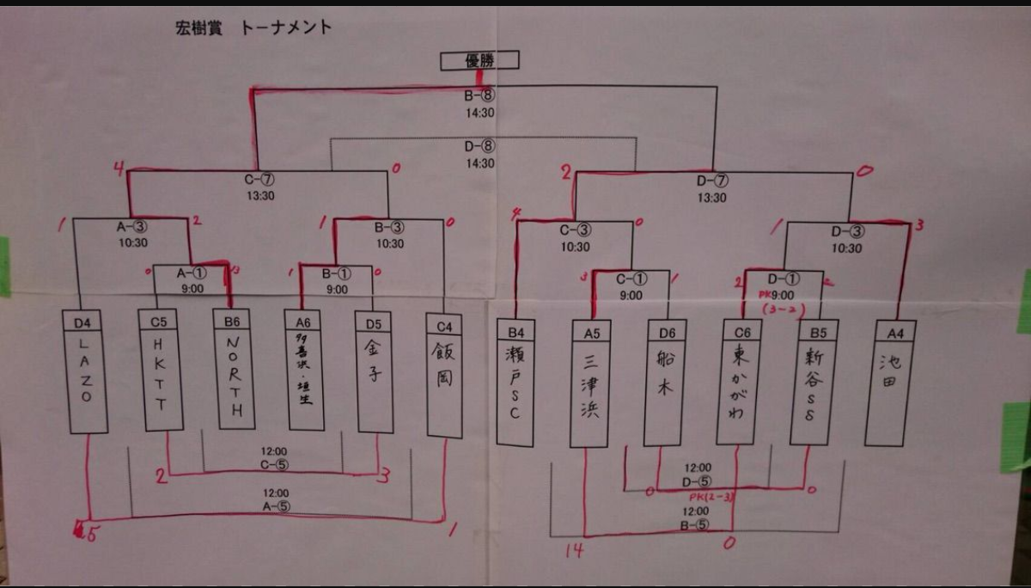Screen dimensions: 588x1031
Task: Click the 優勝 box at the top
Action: tap(479, 60)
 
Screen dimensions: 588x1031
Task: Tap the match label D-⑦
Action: tap(712, 181)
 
